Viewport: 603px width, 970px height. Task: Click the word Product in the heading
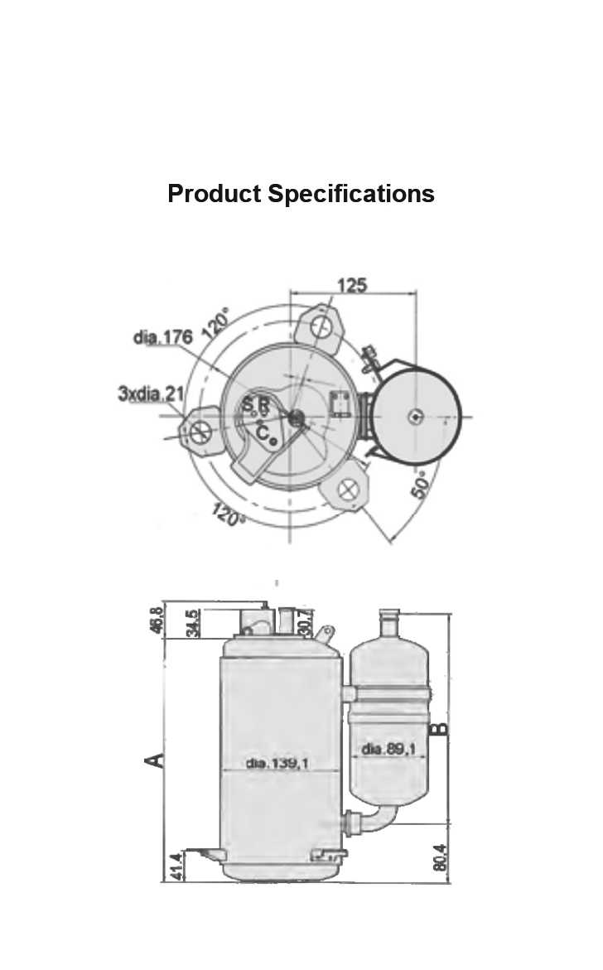point(214,194)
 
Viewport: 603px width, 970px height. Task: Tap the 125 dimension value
point(351,286)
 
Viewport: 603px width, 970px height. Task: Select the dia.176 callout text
point(162,337)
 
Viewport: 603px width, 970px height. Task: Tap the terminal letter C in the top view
point(261,432)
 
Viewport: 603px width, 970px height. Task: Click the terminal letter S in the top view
point(247,405)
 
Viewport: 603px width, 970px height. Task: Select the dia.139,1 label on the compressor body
point(277,764)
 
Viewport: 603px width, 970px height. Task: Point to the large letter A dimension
point(153,760)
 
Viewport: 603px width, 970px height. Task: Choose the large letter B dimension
point(441,730)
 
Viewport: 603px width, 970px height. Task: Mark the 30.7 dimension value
point(306,624)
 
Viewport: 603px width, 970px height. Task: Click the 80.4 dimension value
point(440,857)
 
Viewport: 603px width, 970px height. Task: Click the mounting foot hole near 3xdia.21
point(201,432)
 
